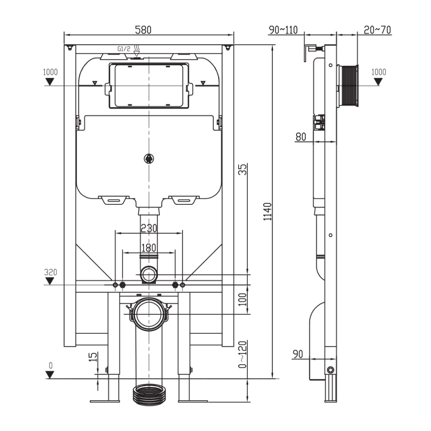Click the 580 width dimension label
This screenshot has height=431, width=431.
(x=143, y=30)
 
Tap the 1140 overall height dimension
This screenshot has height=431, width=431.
(x=268, y=212)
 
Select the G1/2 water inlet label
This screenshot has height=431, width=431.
(x=123, y=49)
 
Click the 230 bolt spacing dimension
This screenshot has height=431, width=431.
(x=148, y=228)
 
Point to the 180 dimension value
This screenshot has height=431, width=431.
(x=148, y=248)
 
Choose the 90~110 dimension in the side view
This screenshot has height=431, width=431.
(x=283, y=30)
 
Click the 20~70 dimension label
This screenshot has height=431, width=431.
(x=377, y=30)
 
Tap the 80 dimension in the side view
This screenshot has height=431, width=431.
(x=301, y=136)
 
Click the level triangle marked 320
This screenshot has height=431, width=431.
(x=50, y=281)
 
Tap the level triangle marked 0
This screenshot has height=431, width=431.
(x=50, y=374)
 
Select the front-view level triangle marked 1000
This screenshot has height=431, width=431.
(x=50, y=82)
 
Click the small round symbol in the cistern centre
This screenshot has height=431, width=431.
(x=149, y=158)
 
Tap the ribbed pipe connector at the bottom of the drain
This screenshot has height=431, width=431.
(x=149, y=395)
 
